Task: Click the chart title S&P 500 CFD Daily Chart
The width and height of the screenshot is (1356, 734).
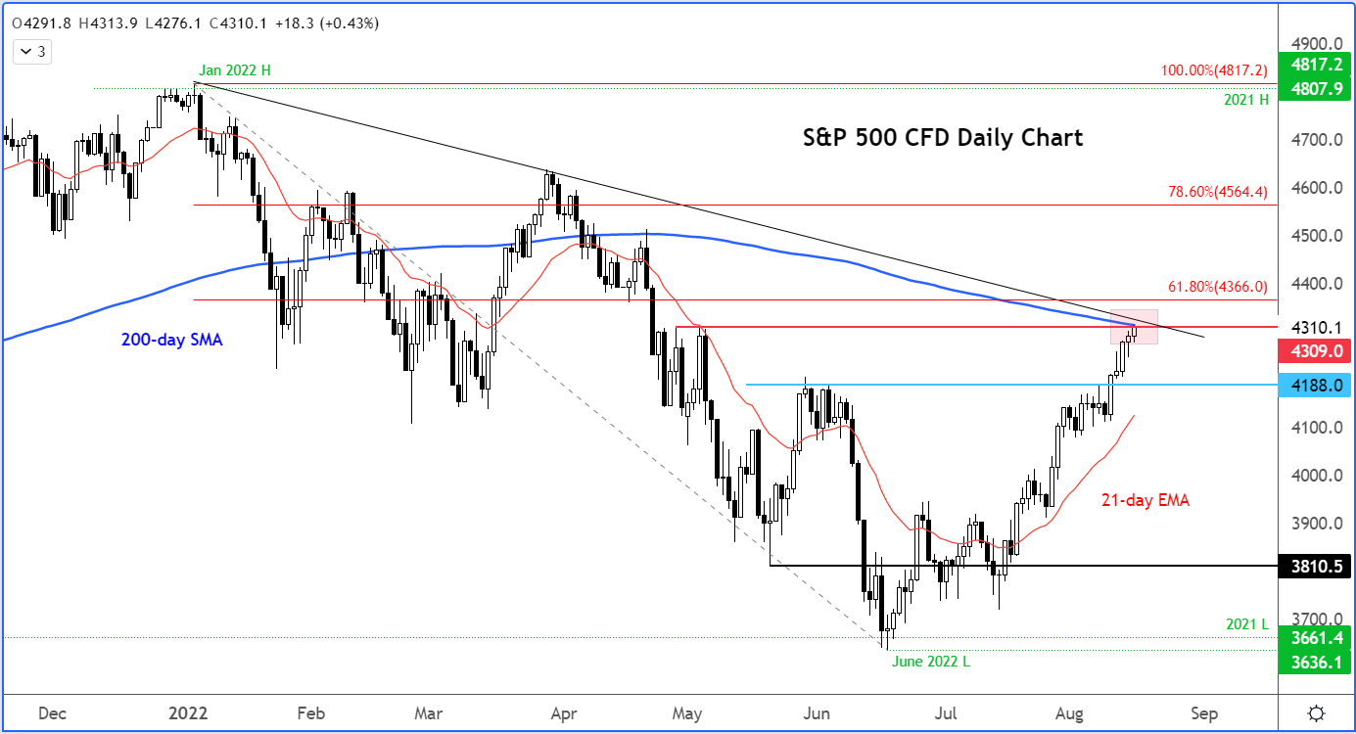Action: click(x=942, y=138)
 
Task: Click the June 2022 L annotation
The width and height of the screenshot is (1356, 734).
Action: click(x=930, y=661)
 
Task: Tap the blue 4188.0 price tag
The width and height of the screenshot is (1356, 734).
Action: click(x=1316, y=385)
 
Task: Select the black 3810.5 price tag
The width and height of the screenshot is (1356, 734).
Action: click(x=1316, y=566)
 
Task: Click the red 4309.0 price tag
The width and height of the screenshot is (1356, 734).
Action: click(x=1316, y=348)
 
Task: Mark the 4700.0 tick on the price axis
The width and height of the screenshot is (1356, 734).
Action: click(x=1314, y=140)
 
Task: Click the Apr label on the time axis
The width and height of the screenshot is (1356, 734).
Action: click(x=561, y=712)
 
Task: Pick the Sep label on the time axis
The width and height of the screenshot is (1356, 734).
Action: click(x=1203, y=712)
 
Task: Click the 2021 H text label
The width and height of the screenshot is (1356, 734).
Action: click(x=1245, y=100)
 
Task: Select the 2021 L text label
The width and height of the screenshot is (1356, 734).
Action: click(x=1247, y=624)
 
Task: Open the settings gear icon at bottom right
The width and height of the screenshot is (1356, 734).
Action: click(x=1317, y=712)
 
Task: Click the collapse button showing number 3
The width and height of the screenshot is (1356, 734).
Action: click(x=33, y=52)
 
